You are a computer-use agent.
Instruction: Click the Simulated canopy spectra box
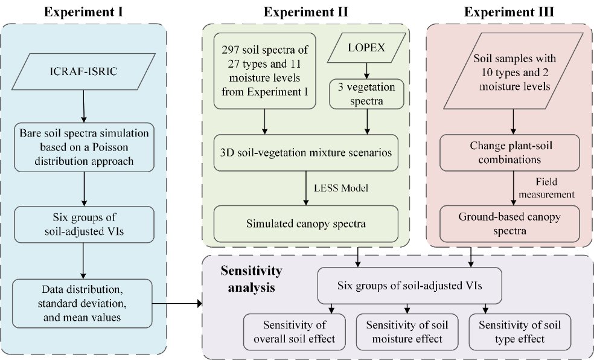[307, 223]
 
